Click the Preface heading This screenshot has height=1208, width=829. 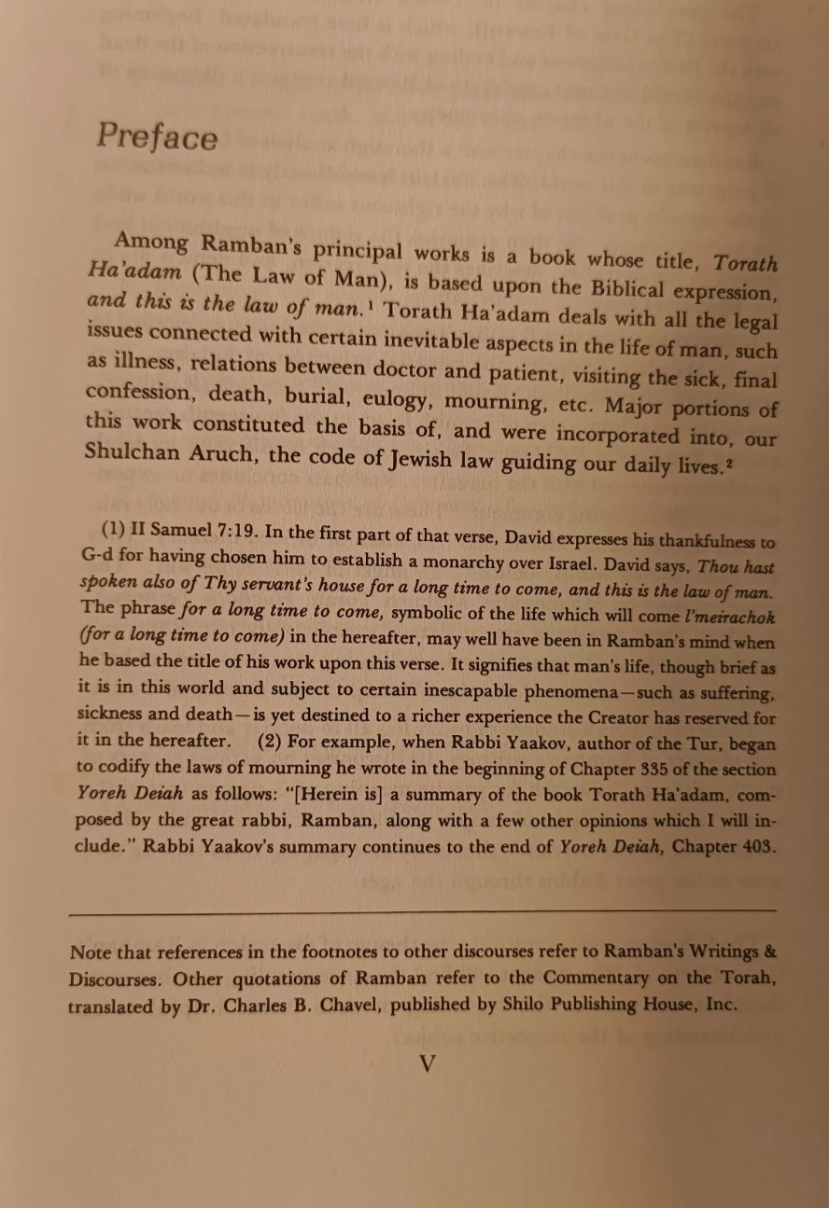[157, 137]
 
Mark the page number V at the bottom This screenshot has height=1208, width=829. [427, 1063]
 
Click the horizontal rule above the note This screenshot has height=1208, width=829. [422, 909]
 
